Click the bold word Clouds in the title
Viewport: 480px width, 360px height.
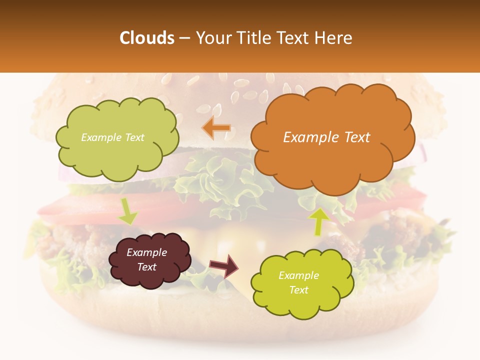(x=147, y=38)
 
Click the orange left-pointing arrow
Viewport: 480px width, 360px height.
(x=216, y=128)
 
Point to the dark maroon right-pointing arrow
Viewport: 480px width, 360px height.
(x=224, y=266)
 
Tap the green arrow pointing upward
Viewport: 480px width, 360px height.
(x=318, y=220)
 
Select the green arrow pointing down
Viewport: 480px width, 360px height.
(x=127, y=211)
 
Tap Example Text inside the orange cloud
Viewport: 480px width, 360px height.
(x=326, y=137)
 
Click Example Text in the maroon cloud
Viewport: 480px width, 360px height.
(x=147, y=259)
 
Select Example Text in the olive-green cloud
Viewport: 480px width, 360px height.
(x=112, y=137)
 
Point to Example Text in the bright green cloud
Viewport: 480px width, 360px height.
(x=298, y=282)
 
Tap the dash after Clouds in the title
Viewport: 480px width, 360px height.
(x=184, y=38)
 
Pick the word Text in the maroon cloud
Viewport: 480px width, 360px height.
(x=147, y=267)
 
